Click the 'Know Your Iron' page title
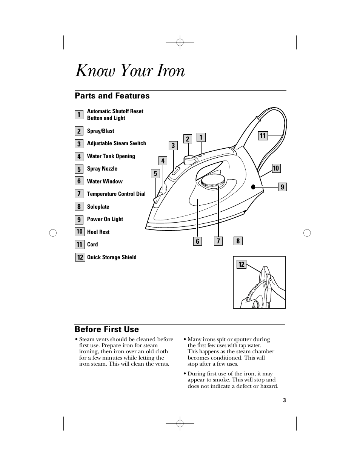click(x=130, y=71)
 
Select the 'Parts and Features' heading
click(x=112, y=96)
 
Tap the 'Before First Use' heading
click(x=107, y=329)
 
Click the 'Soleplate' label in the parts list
click(x=98, y=207)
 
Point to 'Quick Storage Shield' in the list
click(x=112, y=257)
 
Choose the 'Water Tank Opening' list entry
click(x=111, y=156)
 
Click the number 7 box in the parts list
click(x=79, y=194)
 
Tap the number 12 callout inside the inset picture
click(x=242, y=265)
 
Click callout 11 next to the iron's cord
click(x=263, y=136)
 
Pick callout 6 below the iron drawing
click(x=197, y=241)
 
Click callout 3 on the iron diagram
click(x=173, y=146)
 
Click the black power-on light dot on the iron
click(x=253, y=186)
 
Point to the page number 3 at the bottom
click(x=285, y=400)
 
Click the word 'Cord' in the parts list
click(x=92, y=245)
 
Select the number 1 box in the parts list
click(x=79, y=115)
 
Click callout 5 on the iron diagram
click(x=155, y=174)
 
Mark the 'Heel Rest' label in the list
click(x=98, y=232)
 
